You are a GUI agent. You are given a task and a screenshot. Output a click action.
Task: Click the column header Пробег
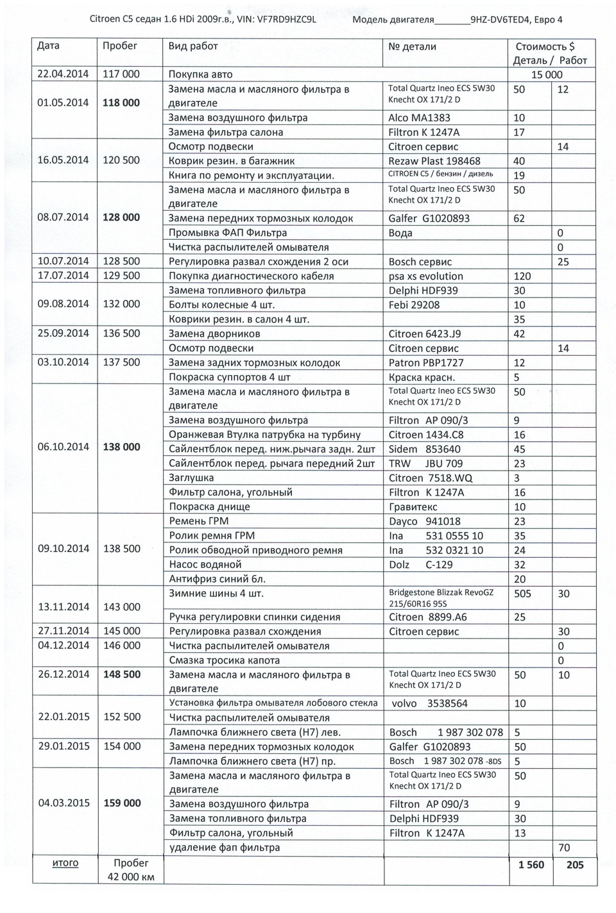[x=120, y=46]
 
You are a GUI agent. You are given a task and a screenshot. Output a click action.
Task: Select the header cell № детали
[x=412, y=46]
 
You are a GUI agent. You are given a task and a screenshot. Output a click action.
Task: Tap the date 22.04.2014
[x=63, y=74]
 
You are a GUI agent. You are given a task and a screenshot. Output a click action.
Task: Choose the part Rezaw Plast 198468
[x=434, y=161]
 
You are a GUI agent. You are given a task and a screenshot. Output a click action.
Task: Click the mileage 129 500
[x=121, y=276]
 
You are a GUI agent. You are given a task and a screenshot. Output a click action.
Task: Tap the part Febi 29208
[x=414, y=305]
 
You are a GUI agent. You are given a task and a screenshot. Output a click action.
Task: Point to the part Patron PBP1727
[x=426, y=362]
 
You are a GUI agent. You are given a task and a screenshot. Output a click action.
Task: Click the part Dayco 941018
[x=425, y=521]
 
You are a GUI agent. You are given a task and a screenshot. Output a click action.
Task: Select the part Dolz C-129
[x=421, y=564]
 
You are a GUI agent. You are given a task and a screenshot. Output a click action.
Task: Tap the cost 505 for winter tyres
[x=522, y=594]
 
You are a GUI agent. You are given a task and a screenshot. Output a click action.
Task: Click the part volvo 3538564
[x=429, y=703]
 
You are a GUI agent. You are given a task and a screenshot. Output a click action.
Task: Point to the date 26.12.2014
[x=63, y=674]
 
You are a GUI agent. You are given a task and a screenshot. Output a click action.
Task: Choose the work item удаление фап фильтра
[x=224, y=847]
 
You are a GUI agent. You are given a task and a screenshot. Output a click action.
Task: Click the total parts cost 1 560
[x=531, y=865]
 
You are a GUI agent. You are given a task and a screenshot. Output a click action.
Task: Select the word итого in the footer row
[x=65, y=863]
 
